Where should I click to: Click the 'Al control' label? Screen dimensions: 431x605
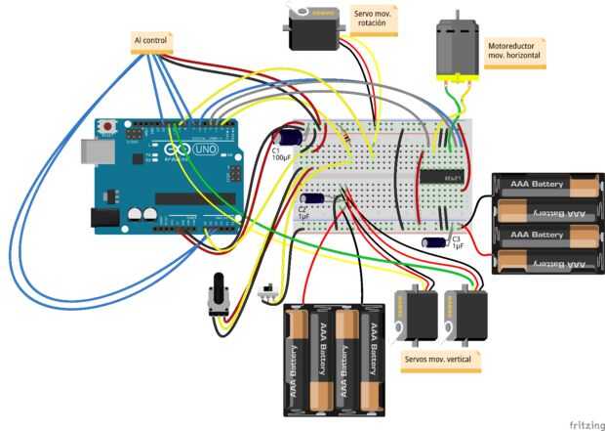(x=151, y=41)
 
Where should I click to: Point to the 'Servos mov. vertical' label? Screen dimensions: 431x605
(x=437, y=360)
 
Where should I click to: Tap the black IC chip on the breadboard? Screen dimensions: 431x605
(x=441, y=177)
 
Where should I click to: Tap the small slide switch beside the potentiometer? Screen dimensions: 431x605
(x=264, y=290)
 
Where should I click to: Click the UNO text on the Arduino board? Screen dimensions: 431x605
(x=206, y=151)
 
